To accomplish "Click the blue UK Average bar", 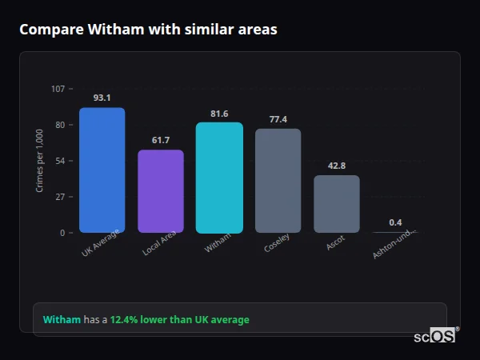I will coord(102,170).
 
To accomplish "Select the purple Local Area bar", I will coord(161,191).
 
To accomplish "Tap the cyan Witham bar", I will coord(219,178).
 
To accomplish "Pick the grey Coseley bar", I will coord(278,181).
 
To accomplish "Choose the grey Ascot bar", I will coord(337,204).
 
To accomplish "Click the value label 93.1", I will coord(102,98).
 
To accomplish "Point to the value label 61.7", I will coord(161,140).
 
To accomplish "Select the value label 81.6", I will coord(219,114).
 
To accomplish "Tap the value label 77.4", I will coord(278,119).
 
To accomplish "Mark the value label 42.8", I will coord(337,166).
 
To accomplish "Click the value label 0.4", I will coord(395,222).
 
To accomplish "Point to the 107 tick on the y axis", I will coord(58,89).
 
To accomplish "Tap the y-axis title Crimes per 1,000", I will coord(40,161).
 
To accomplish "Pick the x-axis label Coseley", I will coord(277,243).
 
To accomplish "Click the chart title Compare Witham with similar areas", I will coord(149,30).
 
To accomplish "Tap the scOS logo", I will coord(435,337).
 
